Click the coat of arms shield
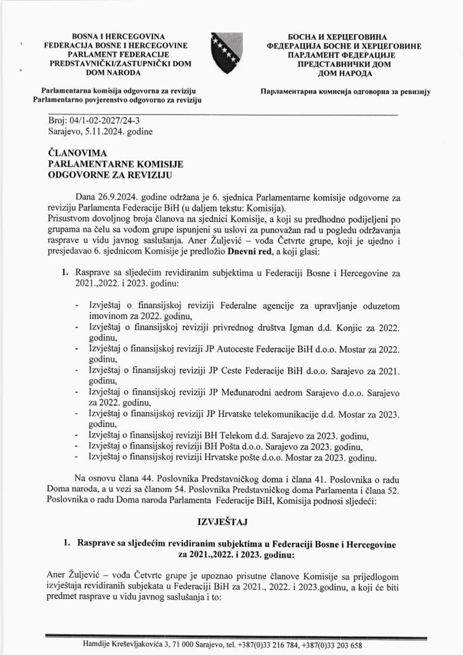[227, 53]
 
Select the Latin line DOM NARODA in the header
[113, 73]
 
